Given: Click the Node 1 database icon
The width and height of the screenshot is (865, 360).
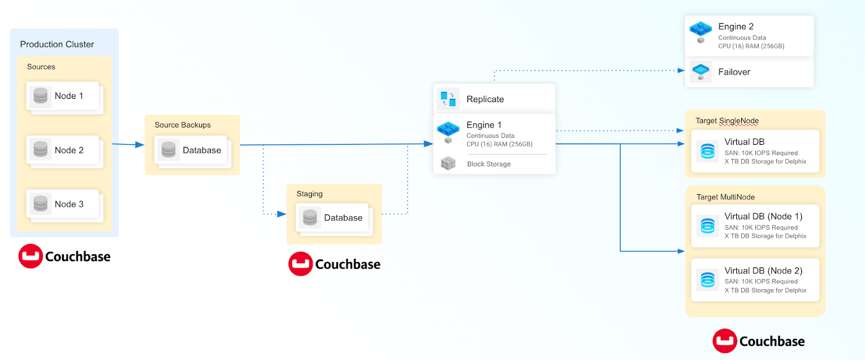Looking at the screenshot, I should tap(41, 96).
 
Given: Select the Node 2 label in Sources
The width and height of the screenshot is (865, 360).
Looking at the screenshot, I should tap(69, 150).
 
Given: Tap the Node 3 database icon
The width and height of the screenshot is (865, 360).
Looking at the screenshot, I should tap(41, 204).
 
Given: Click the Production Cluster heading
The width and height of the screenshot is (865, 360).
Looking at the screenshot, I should tap(57, 44).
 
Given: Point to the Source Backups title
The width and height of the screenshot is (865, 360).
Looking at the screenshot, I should tap(183, 125).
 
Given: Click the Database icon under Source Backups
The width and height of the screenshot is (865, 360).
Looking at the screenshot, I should tap(169, 150).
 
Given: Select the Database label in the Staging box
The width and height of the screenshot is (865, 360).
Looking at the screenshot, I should tap(343, 218).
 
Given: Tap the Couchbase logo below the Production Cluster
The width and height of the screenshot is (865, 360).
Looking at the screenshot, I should tap(64, 256).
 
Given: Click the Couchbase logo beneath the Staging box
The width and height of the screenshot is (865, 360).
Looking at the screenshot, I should tap(334, 264).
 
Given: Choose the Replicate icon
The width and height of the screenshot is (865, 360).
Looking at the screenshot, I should tap(448, 99).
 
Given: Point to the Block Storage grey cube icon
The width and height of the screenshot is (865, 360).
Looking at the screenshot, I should tap(448, 163).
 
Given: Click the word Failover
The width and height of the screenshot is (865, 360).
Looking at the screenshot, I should tap(734, 72).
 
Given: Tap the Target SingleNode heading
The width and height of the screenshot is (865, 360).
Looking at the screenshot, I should tap(727, 121).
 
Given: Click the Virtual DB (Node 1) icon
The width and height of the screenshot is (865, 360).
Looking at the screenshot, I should tap(708, 225).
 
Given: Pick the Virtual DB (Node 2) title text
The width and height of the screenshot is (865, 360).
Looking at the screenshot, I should tap(763, 271).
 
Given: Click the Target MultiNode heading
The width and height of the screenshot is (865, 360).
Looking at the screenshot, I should tap(726, 197).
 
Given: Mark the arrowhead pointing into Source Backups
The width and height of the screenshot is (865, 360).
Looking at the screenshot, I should tap(140, 145).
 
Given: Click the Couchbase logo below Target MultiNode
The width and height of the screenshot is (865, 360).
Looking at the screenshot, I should tap(758, 341).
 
